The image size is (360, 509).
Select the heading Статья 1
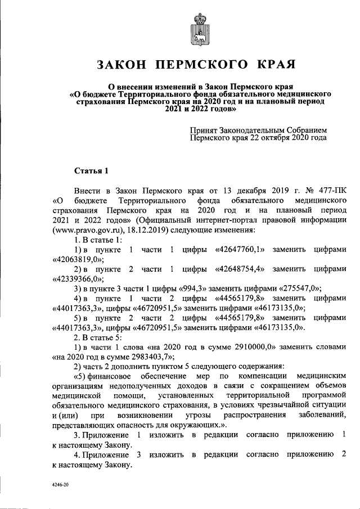click(x=91, y=170)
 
